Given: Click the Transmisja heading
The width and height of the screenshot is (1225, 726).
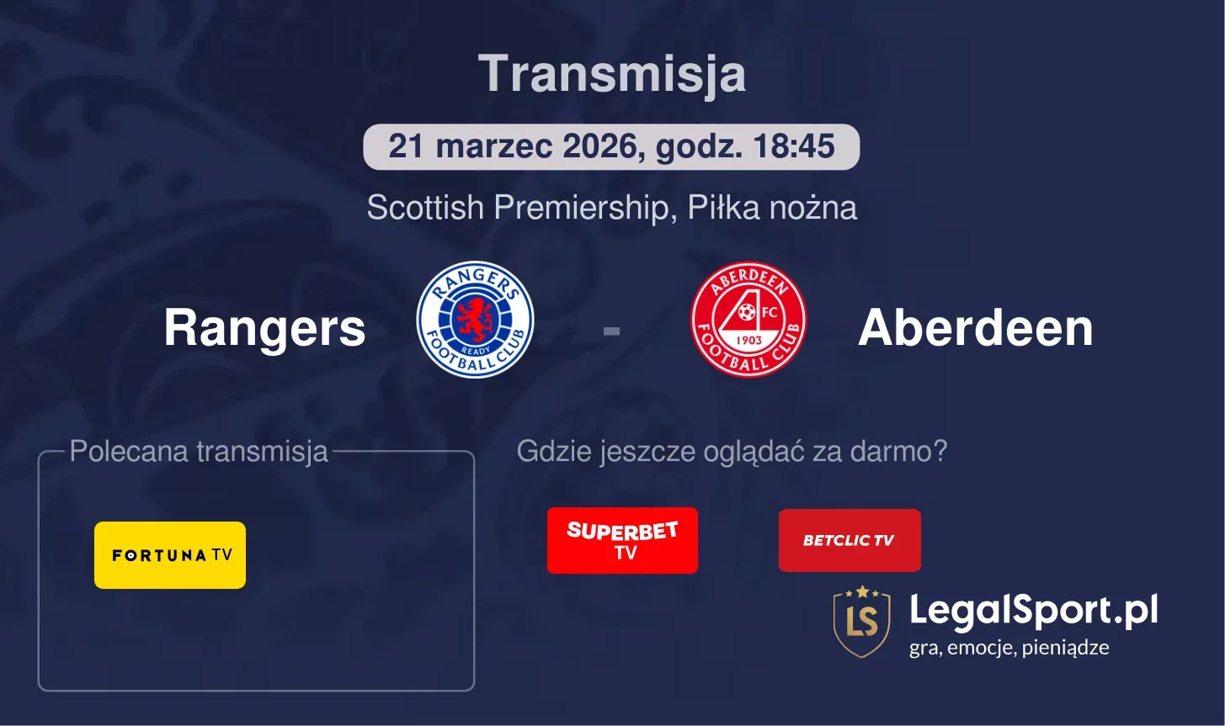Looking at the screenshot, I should pos(612,74).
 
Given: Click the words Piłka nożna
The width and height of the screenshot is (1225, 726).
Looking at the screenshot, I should pos(772,208).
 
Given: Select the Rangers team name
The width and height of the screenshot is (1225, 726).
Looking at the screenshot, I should pos(264,327).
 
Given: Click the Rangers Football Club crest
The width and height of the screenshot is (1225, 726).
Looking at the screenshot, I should pos(476,320).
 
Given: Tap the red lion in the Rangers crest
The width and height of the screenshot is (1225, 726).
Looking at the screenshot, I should pos(476,315).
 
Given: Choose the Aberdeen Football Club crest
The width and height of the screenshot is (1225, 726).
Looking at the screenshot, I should pos(748,320).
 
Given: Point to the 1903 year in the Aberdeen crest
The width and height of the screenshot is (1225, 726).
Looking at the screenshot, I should pos(748,340).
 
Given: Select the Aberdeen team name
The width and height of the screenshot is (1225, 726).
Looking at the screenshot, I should pos(975,327).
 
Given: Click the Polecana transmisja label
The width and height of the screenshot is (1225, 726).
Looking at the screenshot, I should pos(199,452).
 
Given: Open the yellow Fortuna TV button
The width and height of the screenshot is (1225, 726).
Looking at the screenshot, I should pos(170,555).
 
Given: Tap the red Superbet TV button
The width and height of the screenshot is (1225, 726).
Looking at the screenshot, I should pos(622,540).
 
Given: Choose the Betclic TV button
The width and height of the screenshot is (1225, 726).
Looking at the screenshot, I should pos(850,540).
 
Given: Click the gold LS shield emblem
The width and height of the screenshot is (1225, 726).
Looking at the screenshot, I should pos(861,622).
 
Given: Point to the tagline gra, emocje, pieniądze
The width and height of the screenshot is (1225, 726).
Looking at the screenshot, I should pos(1009,648).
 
